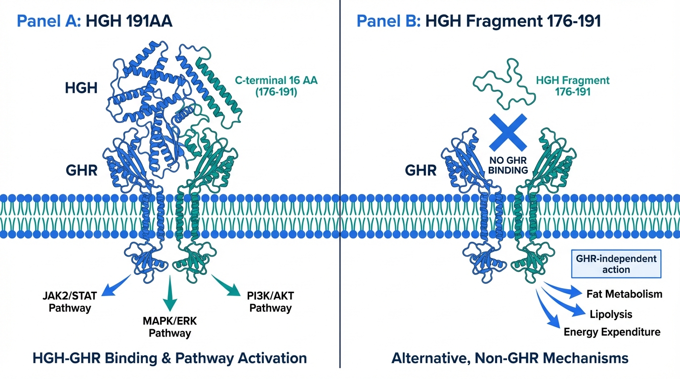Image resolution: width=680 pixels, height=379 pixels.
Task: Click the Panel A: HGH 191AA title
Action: click(94, 22)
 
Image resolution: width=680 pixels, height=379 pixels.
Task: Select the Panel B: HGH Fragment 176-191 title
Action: click(478, 22)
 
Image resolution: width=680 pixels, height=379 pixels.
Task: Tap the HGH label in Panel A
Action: click(82, 88)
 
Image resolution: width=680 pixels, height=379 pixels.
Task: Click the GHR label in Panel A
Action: click(81, 171)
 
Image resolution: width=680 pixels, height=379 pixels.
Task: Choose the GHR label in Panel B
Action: click(421, 171)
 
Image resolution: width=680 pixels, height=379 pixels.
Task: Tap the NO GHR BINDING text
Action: click(509, 165)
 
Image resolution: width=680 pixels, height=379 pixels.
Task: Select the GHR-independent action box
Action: click(616, 264)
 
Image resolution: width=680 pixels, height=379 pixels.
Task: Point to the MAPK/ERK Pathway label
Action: click(170, 327)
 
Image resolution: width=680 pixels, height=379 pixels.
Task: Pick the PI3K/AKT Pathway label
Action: click(270, 302)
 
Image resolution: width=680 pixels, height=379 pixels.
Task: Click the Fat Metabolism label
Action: click(624, 294)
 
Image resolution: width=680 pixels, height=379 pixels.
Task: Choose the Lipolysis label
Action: click(611, 314)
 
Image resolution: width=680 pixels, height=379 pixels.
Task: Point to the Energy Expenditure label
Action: click(612, 332)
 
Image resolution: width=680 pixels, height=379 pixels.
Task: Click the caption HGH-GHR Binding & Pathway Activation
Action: click(170, 358)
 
